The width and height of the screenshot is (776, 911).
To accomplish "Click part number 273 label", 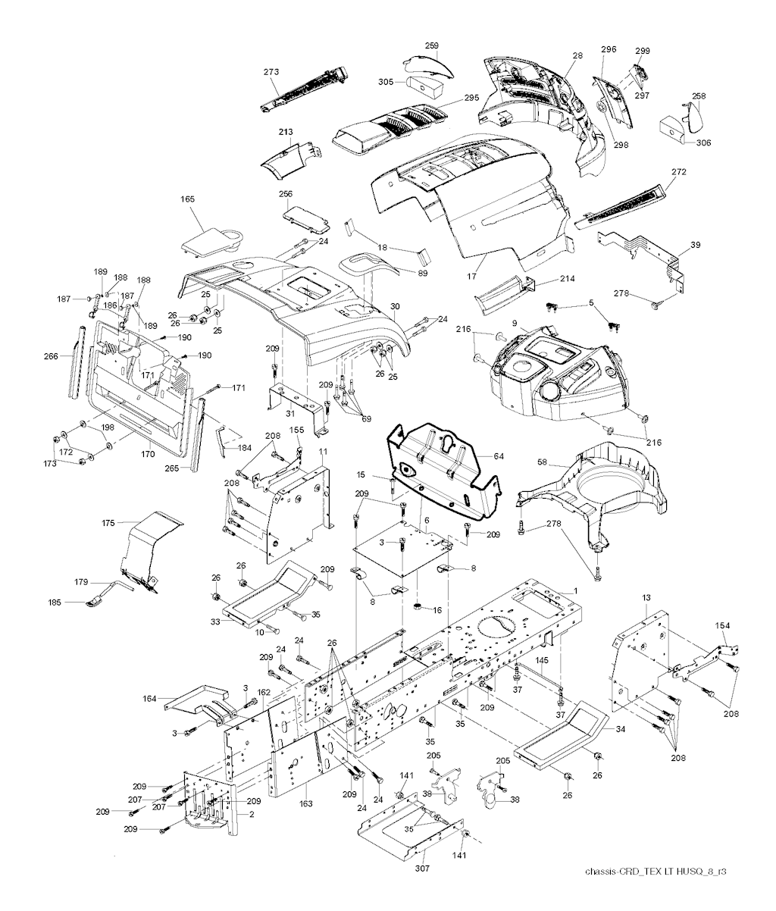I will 272,72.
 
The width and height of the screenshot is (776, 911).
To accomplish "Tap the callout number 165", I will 187,199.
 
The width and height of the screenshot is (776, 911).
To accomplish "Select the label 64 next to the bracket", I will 498,456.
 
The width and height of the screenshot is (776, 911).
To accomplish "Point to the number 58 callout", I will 543,461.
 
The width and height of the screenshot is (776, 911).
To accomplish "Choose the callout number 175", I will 108,523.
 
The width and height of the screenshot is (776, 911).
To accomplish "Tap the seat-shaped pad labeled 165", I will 212,241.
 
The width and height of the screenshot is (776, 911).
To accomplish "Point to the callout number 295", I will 471,99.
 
